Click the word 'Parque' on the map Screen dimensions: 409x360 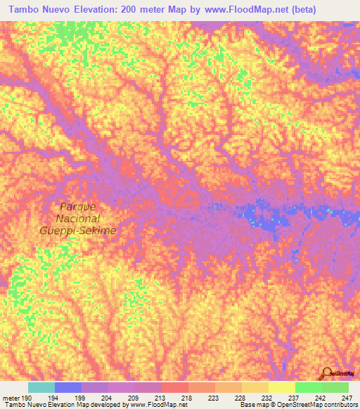point(78,207)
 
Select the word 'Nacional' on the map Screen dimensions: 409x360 point(78,219)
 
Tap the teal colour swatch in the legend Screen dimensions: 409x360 point(41,387)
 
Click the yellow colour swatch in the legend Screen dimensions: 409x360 point(281,387)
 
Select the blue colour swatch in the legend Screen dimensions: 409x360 point(68,387)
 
